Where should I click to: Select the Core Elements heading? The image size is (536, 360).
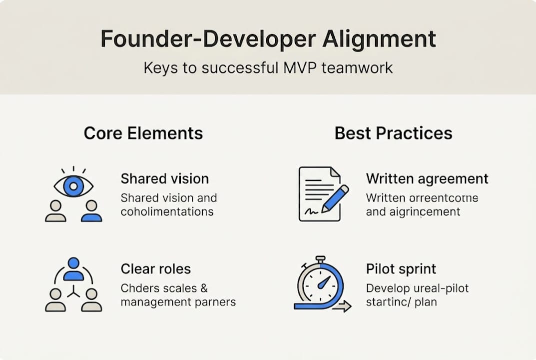click(143, 133)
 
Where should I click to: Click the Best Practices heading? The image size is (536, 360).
click(393, 133)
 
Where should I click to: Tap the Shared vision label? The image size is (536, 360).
click(164, 179)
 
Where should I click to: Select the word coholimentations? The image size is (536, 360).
click(167, 211)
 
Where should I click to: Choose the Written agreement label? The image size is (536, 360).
click(427, 179)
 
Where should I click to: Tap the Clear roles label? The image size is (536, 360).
click(155, 269)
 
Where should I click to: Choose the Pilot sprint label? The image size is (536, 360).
click(401, 269)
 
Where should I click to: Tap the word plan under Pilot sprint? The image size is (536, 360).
click(426, 302)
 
